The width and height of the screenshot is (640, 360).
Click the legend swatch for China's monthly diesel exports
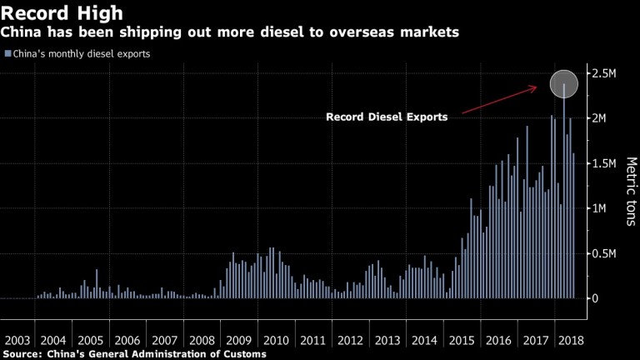(x=7, y=54)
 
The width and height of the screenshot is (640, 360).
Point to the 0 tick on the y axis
(x=597, y=298)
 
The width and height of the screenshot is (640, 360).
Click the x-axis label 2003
(x=17, y=340)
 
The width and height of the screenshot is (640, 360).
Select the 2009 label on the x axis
(x=238, y=340)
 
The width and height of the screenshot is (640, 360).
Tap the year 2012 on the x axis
(x=349, y=340)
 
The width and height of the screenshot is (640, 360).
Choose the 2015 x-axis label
(x=459, y=340)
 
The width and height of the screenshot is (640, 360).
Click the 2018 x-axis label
(x=569, y=340)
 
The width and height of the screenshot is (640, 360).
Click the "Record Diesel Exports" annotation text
(x=387, y=117)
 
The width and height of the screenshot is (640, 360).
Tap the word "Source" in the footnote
(x=26, y=354)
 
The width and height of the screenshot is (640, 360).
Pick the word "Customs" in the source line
(x=243, y=354)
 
